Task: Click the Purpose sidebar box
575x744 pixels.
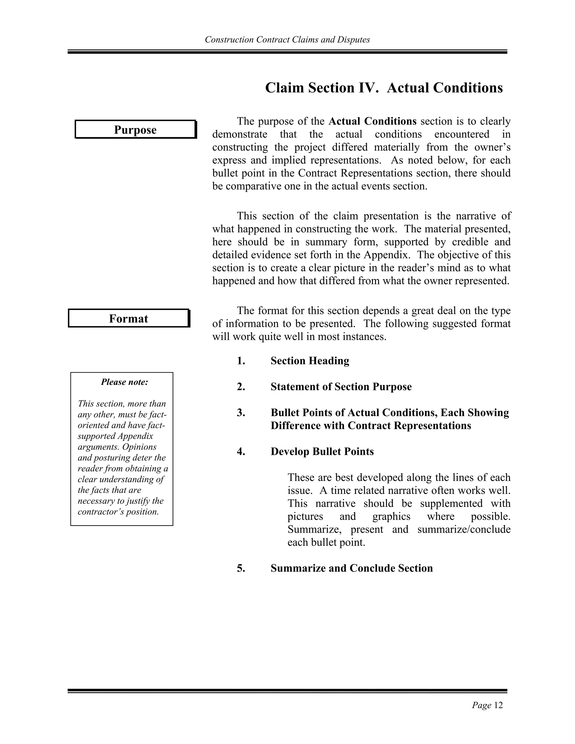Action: click(135, 129)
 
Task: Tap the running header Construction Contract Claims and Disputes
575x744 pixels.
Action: click(287, 40)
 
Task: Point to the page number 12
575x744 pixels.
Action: click(498, 705)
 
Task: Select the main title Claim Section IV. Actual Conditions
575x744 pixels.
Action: click(384, 88)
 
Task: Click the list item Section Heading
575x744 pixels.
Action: click(310, 361)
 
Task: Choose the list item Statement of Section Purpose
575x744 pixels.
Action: click(341, 387)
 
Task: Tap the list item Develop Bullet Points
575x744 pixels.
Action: click(322, 451)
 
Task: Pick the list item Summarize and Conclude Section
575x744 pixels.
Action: click(352, 568)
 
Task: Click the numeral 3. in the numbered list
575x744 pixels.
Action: click(241, 412)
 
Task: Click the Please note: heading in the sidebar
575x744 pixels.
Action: click(124, 382)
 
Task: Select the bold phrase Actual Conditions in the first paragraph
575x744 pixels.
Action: click(372, 121)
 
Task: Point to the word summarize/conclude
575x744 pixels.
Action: click(464, 530)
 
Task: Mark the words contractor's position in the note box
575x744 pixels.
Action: click(118, 512)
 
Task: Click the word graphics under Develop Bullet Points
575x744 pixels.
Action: click(391, 516)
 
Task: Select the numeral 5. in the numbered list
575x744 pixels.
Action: click(241, 568)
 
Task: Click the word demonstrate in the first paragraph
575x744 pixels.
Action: click(239, 134)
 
